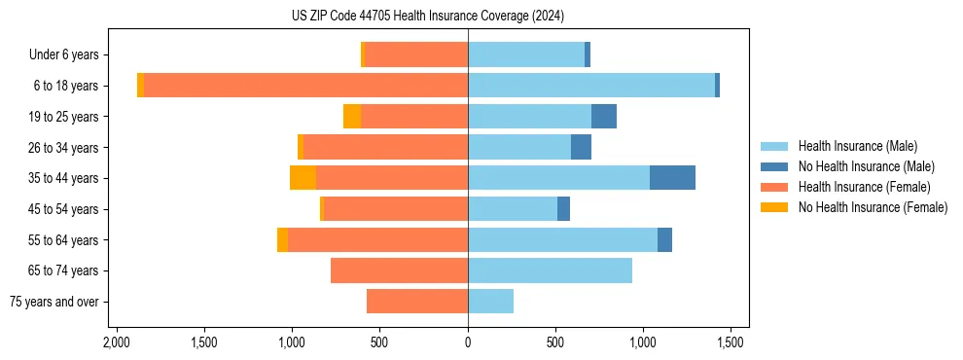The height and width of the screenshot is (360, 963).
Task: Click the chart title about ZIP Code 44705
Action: [x=427, y=16]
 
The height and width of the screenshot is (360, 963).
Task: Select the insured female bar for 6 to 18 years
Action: [x=305, y=86]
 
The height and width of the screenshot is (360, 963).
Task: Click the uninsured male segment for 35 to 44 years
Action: [x=672, y=178]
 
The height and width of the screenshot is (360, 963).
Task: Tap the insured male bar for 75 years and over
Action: [x=490, y=302]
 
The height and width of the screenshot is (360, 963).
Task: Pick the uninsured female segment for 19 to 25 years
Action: [x=352, y=117]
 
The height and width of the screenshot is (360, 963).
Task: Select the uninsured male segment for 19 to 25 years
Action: [x=604, y=117]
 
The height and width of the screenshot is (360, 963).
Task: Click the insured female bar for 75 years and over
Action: [x=417, y=302]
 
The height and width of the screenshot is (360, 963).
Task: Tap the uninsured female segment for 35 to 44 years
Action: [x=303, y=178]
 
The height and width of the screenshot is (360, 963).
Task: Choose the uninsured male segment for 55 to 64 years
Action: [x=664, y=239]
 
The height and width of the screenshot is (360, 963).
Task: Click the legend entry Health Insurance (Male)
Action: [x=856, y=146]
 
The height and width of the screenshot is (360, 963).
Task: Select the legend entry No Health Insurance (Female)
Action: [x=872, y=207]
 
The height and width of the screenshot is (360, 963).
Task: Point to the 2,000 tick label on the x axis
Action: [x=117, y=342]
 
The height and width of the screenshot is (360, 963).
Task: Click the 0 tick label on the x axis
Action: [x=468, y=342]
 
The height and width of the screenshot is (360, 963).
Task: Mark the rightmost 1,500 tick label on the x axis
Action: [x=731, y=342]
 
